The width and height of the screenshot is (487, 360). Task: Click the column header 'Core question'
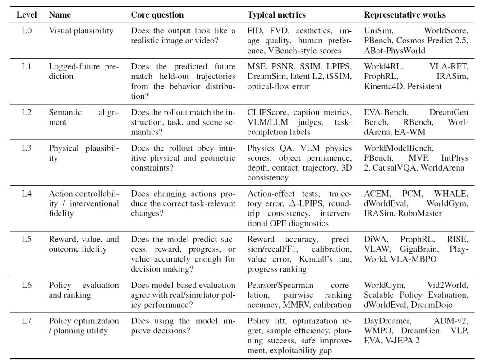point(157,15)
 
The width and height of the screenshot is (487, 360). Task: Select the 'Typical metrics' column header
point(276,15)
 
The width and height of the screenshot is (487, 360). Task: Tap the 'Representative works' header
point(404,15)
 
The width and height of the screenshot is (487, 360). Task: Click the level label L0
point(27,31)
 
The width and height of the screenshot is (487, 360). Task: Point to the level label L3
point(27,148)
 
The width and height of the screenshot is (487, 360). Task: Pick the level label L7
point(27,321)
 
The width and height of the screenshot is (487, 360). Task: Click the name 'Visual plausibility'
point(81,31)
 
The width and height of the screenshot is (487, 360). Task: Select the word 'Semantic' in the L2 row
point(65,112)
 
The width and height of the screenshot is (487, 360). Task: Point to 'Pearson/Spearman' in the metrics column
point(280,286)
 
